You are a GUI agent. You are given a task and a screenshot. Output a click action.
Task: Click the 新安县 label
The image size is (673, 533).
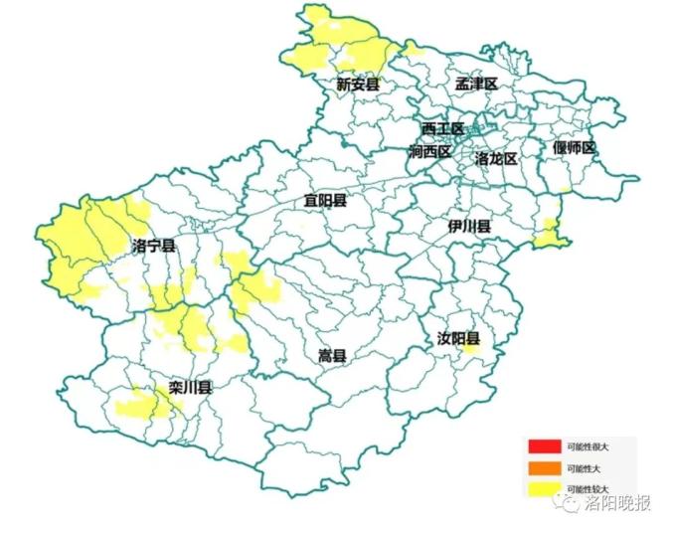click(x=358, y=85)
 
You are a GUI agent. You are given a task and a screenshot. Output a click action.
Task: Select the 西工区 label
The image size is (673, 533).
click(x=441, y=129)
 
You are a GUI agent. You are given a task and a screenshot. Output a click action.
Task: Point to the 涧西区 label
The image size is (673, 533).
click(x=429, y=152)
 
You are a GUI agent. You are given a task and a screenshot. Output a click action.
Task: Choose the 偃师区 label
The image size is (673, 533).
click(x=574, y=148)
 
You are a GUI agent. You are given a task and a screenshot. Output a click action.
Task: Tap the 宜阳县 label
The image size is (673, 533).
click(x=325, y=201)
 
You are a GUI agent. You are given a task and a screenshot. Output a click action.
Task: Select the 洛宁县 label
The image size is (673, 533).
click(x=153, y=246)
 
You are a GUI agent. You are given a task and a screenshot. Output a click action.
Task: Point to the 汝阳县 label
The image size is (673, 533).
click(x=458, y=339)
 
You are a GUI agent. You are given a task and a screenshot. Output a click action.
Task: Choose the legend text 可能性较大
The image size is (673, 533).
click(x=588, y=489)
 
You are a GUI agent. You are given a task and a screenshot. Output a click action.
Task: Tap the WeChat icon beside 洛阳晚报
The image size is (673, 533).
click(x=569, y=504)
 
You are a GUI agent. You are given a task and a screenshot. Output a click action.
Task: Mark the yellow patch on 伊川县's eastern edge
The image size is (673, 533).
click(x=548, y=235)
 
